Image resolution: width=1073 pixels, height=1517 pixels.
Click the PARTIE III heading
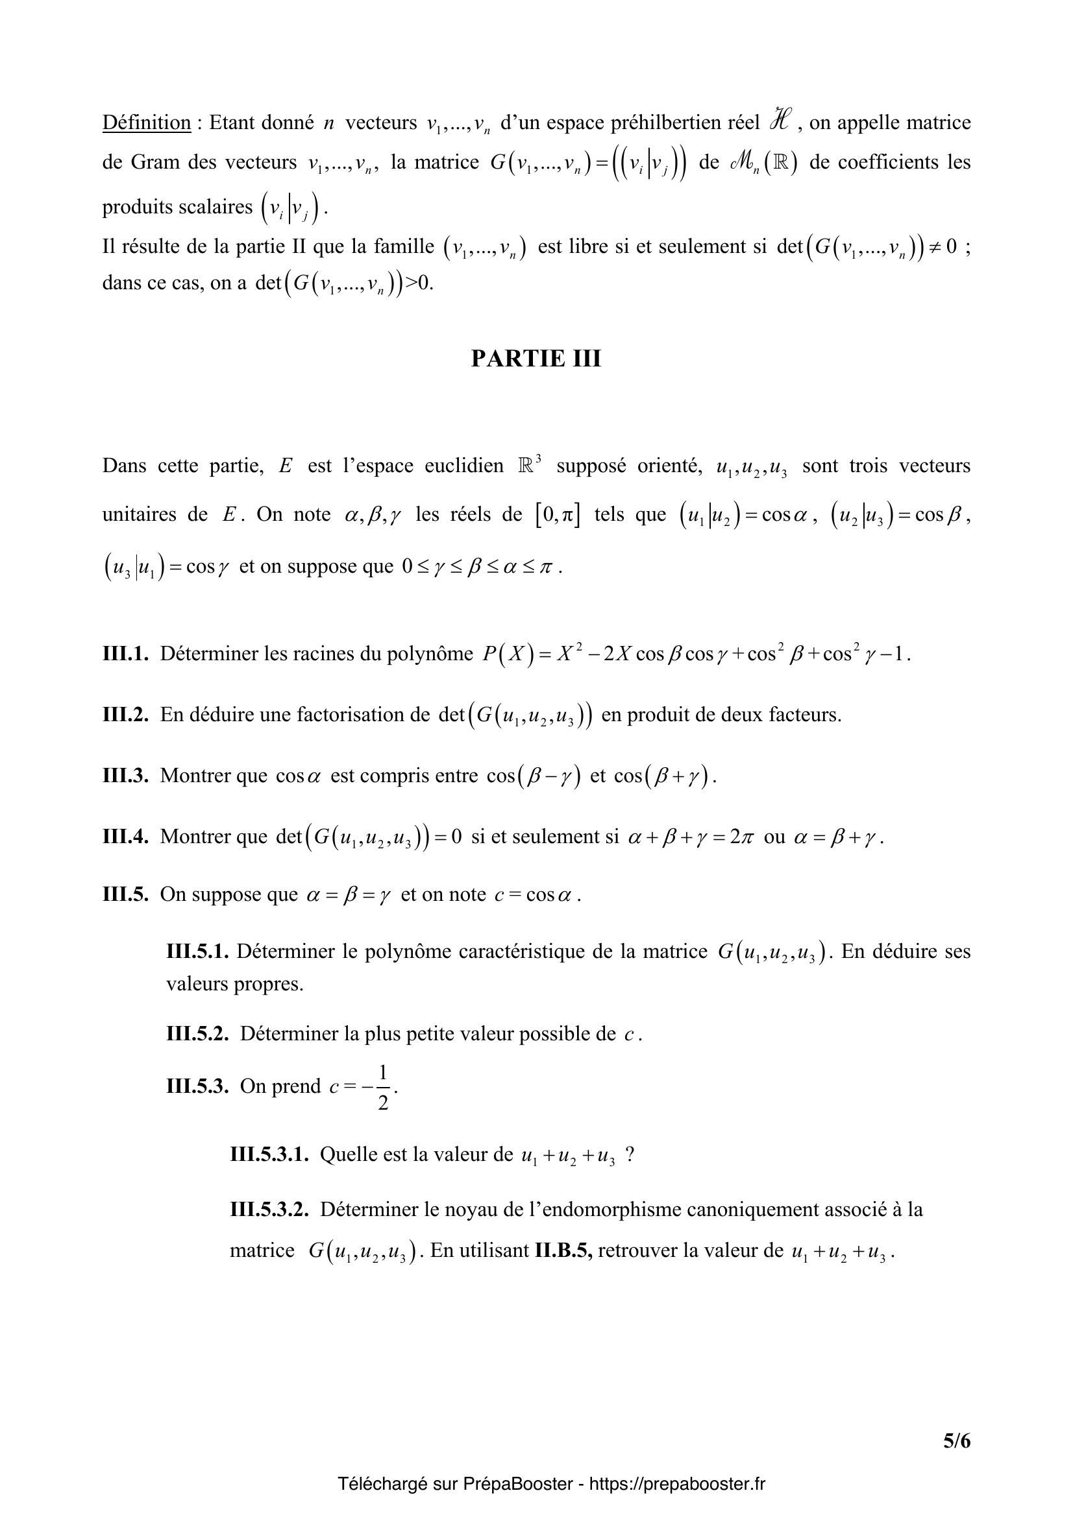[536, 358]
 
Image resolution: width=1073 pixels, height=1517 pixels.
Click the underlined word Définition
[146, 123]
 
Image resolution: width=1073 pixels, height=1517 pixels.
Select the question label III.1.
[125, 654]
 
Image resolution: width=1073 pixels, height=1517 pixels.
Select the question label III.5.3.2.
[269, 1210]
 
